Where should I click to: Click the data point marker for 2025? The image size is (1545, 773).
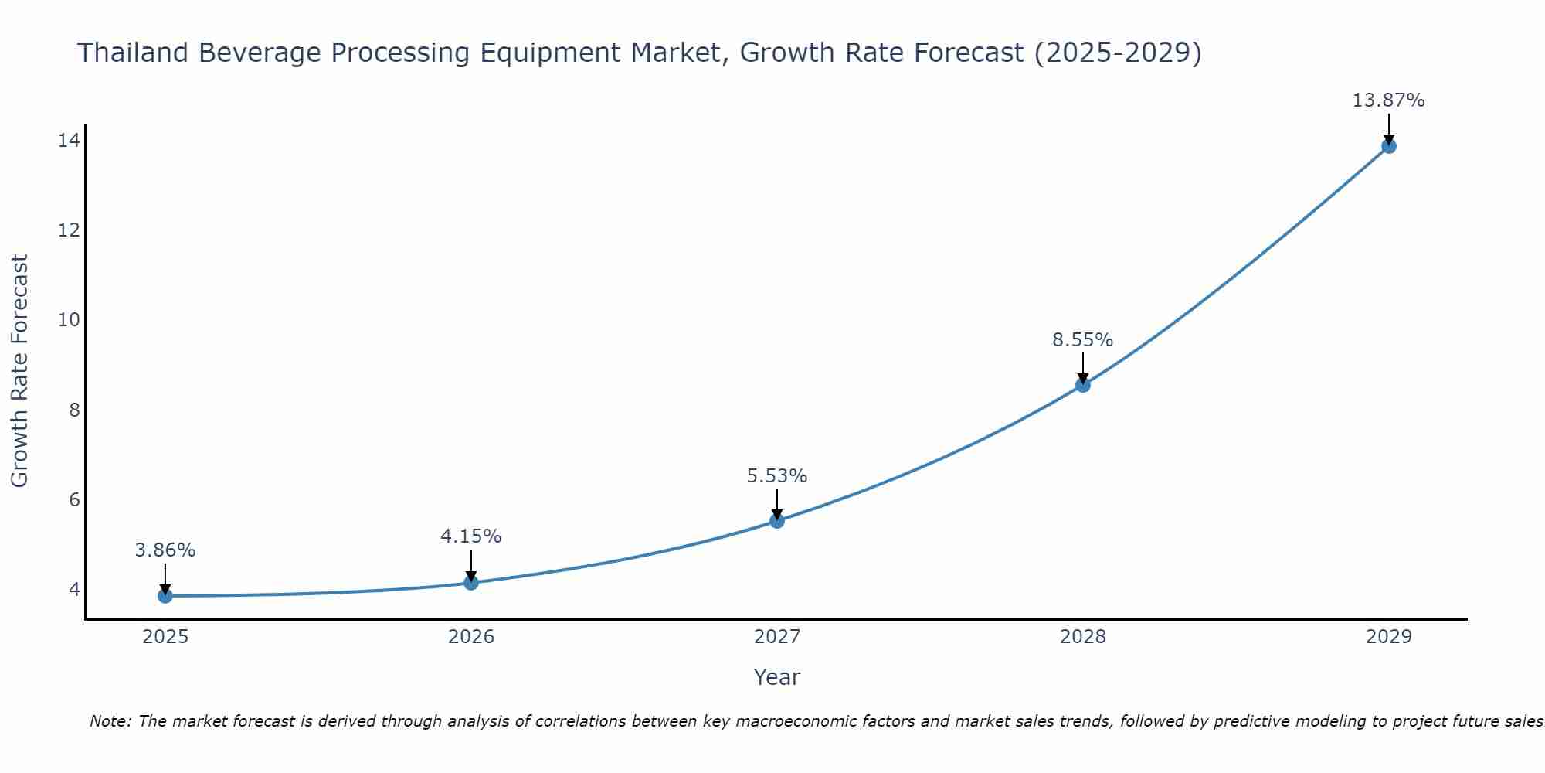click(165, 595)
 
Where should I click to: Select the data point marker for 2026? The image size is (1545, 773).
click(471, 582)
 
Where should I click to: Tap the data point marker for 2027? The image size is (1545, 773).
click(777, 520)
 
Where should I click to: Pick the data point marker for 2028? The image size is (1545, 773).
click(1083, 384)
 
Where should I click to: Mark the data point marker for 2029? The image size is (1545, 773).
click(1388, 145)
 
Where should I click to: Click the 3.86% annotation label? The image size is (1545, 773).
click(165, 550)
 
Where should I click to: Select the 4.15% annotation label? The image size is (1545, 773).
click(471, 536)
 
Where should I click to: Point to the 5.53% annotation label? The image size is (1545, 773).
click(777, 476)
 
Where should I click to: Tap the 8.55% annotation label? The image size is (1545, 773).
click(1083, 340)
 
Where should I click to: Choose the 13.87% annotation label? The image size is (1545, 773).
click(1388, 100)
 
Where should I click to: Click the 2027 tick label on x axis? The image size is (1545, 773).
click(777, 637)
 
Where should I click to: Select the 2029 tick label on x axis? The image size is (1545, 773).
click(1388, 637)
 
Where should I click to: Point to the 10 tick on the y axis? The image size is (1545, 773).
click(69, 319)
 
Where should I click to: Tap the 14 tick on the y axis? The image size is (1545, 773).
click(69, 140)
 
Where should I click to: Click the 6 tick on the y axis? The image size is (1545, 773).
click(74, 499)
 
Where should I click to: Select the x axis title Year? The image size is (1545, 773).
click(777, 677)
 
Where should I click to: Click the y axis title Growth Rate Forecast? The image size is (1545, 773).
click(20, 371)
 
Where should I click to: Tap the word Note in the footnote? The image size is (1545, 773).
click(110, 721)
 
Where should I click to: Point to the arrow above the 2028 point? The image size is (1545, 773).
click(1083, 367)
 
